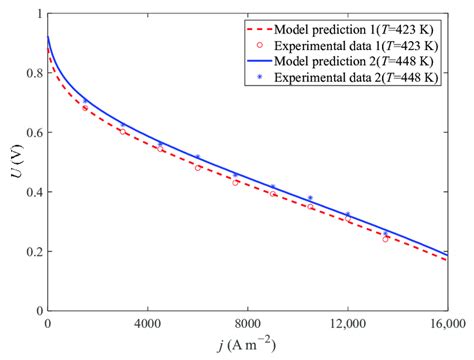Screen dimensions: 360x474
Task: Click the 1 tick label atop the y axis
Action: pyautogui.click(x=38, y=14)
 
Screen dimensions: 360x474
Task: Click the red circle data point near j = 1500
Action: pyautogui.click(x=85, y=108)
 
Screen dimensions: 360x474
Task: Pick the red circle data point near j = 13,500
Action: pyautogui.click(x=385, y=239)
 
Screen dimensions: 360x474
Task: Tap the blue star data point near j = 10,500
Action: pyautogui.click(x=310, y=198)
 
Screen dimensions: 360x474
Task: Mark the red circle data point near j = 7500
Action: pyautogui.click(x=235, y=182)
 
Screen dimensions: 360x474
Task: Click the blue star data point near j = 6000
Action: pyautogui.click(x=198, y=158)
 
